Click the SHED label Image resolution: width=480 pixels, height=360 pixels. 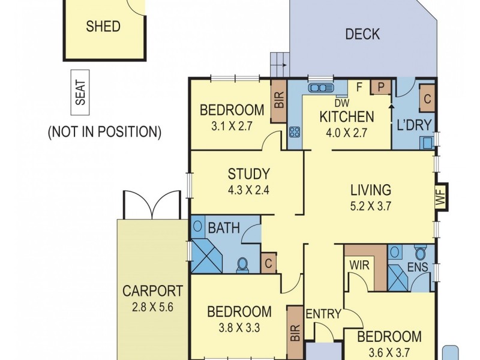[x=103, y=26]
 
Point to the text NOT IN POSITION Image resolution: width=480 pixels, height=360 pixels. [x=104, y=132]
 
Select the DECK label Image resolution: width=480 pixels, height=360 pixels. [x=362, y=34]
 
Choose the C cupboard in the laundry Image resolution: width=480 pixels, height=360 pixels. [x=428, y=100]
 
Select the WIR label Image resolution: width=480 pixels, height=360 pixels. [x=359, y=265]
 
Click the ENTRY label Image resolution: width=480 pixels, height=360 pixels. [x=323, y=314]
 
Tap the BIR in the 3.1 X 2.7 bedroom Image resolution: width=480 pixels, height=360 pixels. [x=278, y=101]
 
